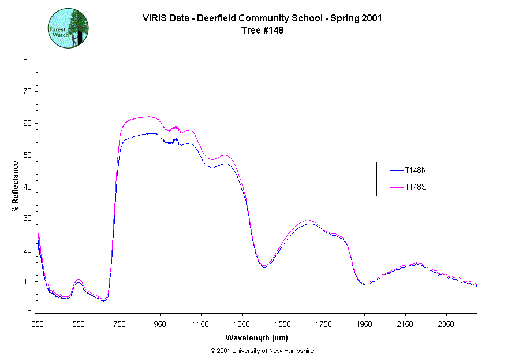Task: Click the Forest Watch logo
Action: (x=68, y=28)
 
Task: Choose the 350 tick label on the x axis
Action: (x=38, y=324)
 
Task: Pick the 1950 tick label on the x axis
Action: (x=364, y=324)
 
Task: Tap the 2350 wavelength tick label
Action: (x=446, y=324)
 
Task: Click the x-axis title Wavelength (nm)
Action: (x=258, y=337)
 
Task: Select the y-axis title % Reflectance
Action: (x=16, y=186)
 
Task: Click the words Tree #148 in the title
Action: (x=262, y=31)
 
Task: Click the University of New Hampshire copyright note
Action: (x=262, y=351)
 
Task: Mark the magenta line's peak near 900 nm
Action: (x=149, y=117)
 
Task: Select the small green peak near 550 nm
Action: (x=79, y=281)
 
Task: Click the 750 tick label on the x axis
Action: (x=120, y=324)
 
